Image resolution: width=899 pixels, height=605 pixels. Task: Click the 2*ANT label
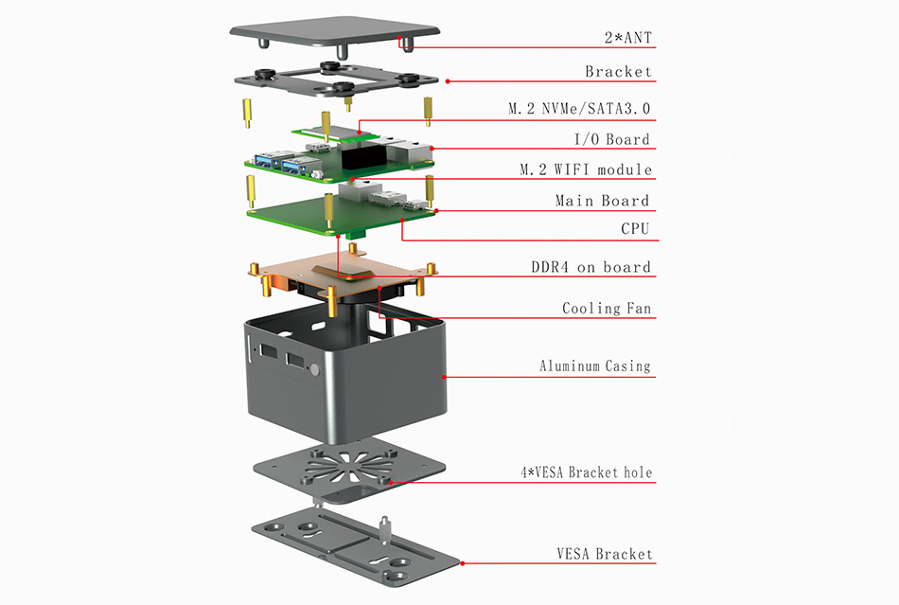627,39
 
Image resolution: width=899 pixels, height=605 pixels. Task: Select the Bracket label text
617,72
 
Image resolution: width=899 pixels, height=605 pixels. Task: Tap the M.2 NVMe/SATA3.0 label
579,109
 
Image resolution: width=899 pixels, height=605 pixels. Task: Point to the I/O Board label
612,139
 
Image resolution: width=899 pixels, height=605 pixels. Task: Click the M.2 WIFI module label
586,169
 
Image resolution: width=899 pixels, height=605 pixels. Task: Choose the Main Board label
602,201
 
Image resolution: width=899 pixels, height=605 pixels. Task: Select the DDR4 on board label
591,267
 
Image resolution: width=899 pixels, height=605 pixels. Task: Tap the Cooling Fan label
607,309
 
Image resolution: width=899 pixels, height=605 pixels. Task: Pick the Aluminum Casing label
595,365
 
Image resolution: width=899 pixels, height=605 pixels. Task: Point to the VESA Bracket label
604,554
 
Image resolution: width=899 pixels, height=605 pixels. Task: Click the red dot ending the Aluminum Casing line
444,377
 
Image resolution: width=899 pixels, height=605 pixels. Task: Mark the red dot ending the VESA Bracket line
463,564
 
